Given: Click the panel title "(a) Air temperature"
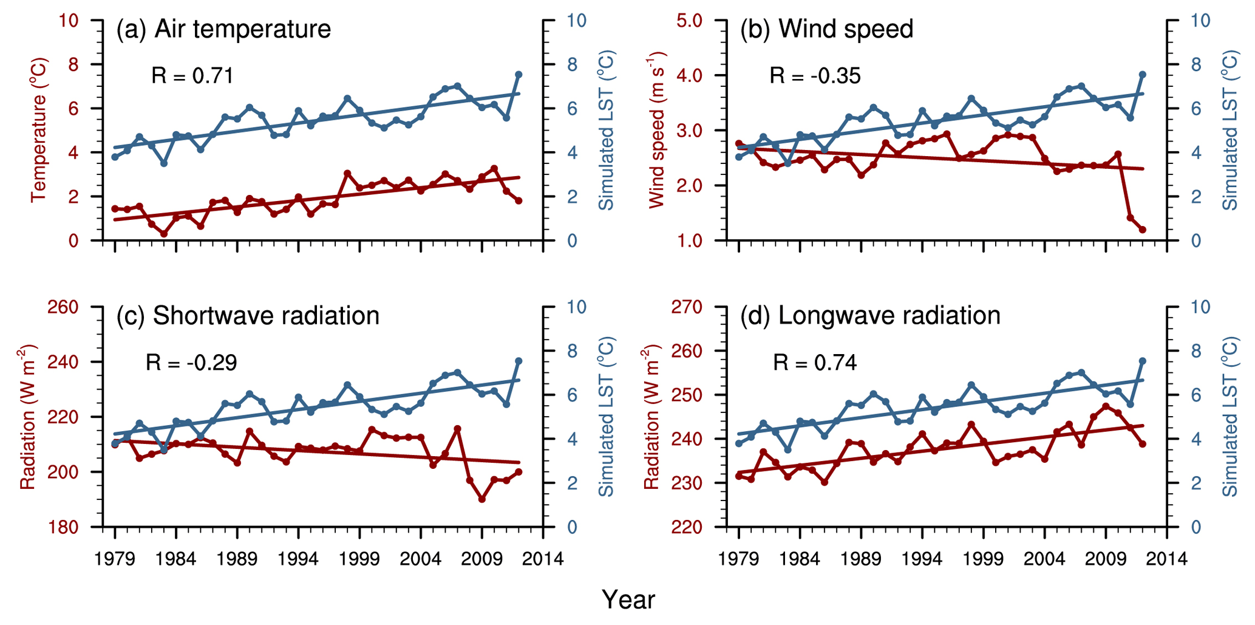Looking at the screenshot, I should pyautogui.click(x=223, y=29).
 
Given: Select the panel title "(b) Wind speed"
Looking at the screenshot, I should pyautogui.click(x=826, y=29).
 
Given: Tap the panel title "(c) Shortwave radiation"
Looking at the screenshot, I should pyautogui.click(x=248, y=316).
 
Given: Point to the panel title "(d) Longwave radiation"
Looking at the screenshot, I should pyautogui.click(x=870, y=316).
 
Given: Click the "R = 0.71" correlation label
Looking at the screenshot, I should pyautogui.click(x=192, y=76).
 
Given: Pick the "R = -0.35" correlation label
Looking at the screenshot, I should pyautogui.click(x=815, y=76).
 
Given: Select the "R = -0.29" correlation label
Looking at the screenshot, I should pyautogui.click(x=191, y=363).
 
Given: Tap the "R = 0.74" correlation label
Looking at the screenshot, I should pyautogui.click(x=815, y=363).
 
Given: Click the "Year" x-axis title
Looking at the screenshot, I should pyautogui.click(x=628, y=600).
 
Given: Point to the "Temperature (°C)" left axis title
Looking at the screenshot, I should pyautogui.click(x=39, y=130).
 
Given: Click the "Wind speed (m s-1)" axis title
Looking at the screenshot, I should pyautogui.click(x=657, y=130).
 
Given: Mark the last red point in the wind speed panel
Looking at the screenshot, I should pyautogui.click(x=1142, y=230).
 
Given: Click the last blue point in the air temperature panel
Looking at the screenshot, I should pyautogui.click(x=519, y=75).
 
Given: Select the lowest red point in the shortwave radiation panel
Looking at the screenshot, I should pyautogui.click(x=482, y=499).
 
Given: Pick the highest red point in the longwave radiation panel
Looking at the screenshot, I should pyautogui.click(x=1106, y=406).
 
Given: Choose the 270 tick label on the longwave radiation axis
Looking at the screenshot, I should pyautogui.click(x=686, y=307).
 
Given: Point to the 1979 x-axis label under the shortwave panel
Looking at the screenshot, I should pyautogui.click(x=115, y=559).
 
